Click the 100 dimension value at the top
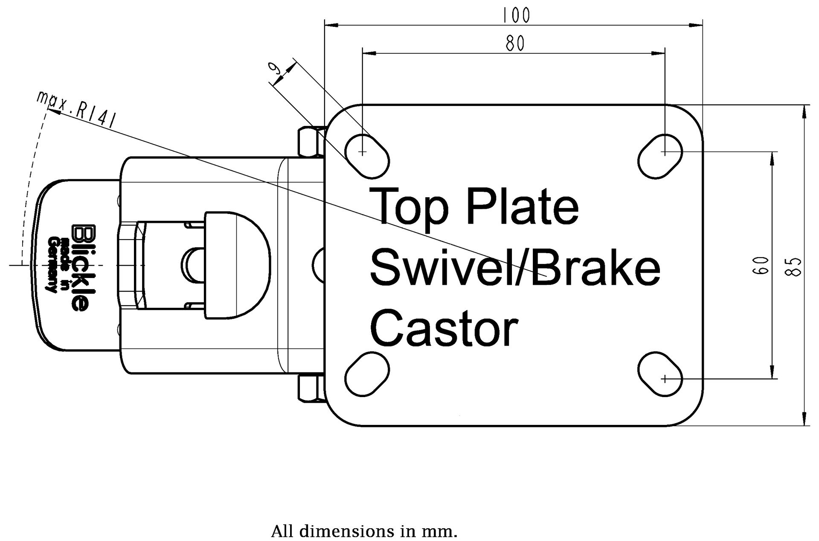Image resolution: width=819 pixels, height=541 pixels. click(516, 15)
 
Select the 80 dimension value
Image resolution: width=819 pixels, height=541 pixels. click(515, 43)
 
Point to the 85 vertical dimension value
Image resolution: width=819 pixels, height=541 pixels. click(795, 267)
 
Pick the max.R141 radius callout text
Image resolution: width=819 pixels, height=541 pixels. click(76, 109)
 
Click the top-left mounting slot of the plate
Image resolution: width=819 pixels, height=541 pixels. click(367, 156)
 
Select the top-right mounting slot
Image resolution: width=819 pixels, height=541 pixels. click(660, 156)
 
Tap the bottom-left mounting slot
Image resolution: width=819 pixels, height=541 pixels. click(367, 374)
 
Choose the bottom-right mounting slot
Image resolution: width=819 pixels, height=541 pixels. click(660, 374)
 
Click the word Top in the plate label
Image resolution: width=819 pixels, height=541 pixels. click(409, 207)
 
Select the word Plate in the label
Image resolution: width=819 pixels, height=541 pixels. click(522, 207)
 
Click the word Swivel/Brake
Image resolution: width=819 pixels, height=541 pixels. click(515, 268)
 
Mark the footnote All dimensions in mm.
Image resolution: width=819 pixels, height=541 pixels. click(364, 532)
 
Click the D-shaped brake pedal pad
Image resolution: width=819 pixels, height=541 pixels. click(237, 265)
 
